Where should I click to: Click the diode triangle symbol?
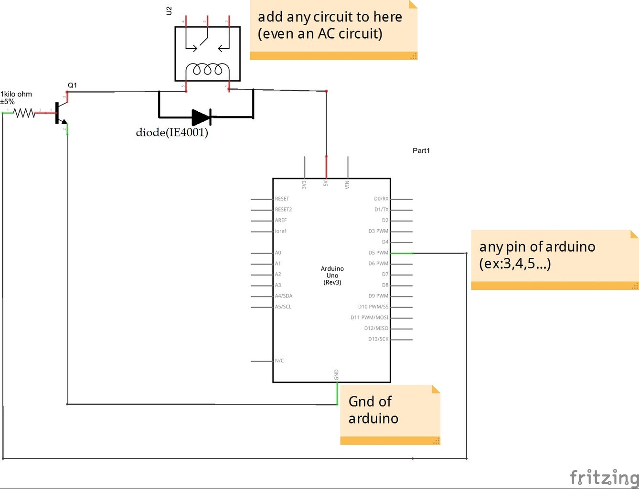(201, 117)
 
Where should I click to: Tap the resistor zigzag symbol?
(24, 113)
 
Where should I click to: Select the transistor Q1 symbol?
(60, 113)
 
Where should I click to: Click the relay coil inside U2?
(207, 70)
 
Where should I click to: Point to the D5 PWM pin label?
(378, 253)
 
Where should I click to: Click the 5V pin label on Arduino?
(326, 183)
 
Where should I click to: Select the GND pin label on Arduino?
(337, 374)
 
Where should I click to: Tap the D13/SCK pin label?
(378, 339)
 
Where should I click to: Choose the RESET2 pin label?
(283, 210)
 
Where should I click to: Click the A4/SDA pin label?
(284, 296)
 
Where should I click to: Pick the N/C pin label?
(279, 361)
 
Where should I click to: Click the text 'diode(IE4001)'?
(172, 132)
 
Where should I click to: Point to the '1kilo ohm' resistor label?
(16, 95)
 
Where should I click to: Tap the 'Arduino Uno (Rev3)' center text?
(332, 276)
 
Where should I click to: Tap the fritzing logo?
(604, 477)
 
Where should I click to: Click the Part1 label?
(421, 150)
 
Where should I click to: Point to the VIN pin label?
(347, 184)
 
